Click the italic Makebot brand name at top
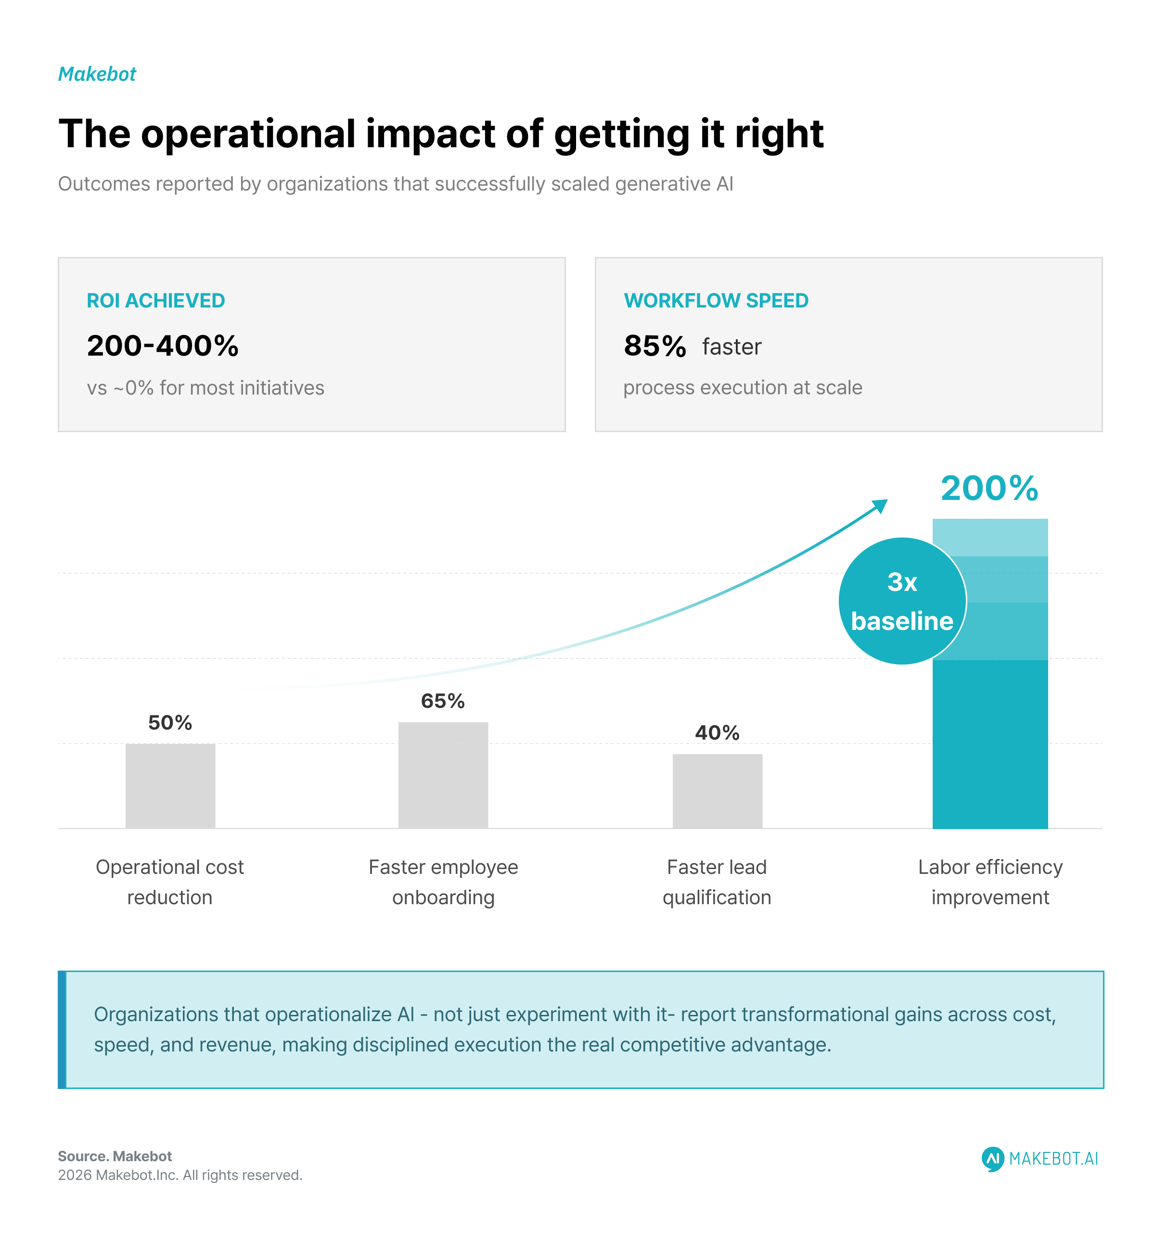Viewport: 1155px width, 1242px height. coord(97,74)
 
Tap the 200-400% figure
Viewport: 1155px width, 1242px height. coord(162,346)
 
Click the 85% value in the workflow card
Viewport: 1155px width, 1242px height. coord(654,346)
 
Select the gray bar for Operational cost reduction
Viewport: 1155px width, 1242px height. coord(170,786)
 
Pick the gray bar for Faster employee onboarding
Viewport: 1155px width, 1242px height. coord(443,775)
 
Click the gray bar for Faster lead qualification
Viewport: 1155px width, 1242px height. coord(717,791)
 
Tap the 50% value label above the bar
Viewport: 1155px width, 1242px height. coord(170,723)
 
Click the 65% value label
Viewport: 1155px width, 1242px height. coord(443,701)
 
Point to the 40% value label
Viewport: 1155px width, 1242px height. coord(717,733)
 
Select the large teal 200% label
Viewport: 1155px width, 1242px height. coord(989,488)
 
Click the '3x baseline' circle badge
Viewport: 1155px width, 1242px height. coord(902,601)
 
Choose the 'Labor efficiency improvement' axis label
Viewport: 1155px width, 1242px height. coord(990,882)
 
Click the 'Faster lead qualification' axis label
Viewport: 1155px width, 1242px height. coord(717,882)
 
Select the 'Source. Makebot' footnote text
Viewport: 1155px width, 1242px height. coord(115,1156)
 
